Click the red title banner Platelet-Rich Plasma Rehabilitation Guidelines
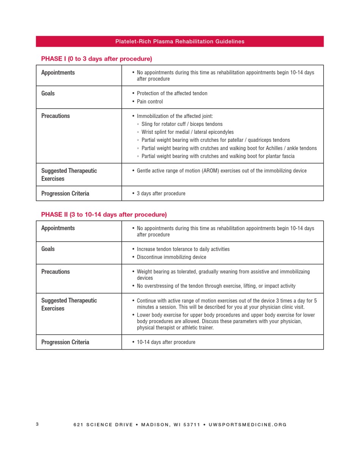(x=180, y=41)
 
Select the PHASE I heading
(x=96, y=59)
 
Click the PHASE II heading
(x=103, y=215)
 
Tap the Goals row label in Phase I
(x=48, y=93)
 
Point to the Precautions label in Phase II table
(x=55, y=272)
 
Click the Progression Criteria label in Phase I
(x=65, y=193)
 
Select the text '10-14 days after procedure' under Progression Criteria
(x=166, y=342)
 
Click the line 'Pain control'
(x=150, y=102)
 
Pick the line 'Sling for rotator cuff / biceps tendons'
(x=182, y=124)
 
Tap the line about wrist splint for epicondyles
(x=188, y=132)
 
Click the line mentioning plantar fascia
(x=218, y=156)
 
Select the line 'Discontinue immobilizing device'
(x=171, y=257)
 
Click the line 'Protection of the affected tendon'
(x=172, y=93)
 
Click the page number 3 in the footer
(x=37, y=424)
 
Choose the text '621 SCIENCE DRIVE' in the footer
(x=103, y=425)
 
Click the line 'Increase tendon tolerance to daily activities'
(x=183, y=249)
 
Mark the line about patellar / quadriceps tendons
(x=216, y=140)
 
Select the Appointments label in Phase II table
(x=58, y=228)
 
